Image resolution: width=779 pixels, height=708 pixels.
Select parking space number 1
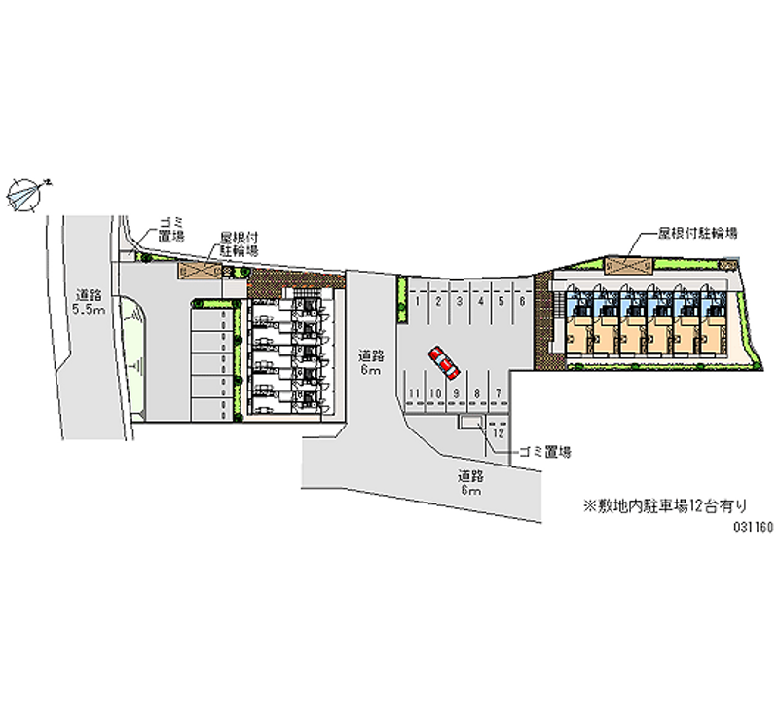click(418, 302)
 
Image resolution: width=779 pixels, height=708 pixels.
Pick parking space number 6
click(522, 302)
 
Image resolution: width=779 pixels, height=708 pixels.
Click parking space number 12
click(498, 432)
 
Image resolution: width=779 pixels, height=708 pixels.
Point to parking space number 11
click(415, 392)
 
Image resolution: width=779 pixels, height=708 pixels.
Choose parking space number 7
click(499, 392)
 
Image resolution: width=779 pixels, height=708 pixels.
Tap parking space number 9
click(456, 392)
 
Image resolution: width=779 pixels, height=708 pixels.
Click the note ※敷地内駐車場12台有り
click(664, 504)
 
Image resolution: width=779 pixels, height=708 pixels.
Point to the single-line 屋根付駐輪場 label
click(696, 235)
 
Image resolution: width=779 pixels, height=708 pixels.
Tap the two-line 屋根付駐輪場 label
click(238, 243)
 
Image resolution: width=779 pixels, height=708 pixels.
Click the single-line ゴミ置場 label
click(544, 452)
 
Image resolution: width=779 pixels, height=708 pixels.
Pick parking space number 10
click(435, 392)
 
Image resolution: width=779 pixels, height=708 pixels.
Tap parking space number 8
click(477, 392)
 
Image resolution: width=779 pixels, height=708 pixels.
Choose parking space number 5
click(501, 302)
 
